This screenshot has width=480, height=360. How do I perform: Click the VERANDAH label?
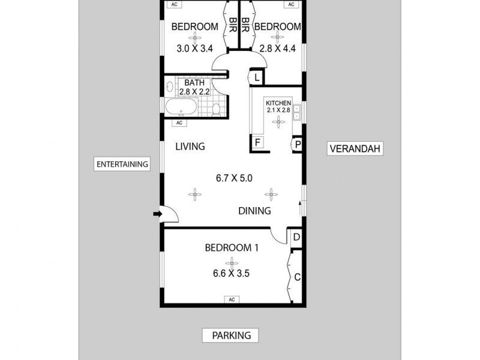(355, 149)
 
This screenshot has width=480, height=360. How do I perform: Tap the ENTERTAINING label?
(122, 164)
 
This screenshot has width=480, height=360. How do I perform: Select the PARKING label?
(231, 335)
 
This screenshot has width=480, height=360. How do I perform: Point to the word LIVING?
(190, 146)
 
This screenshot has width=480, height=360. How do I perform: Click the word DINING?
(254, 211)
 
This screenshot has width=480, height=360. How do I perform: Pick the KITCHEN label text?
(278, 103)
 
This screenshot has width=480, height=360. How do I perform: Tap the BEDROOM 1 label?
(232, 247)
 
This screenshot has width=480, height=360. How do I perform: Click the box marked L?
(256, 77)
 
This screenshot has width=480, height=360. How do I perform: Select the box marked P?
(296, 145)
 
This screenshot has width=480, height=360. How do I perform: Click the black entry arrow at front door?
(157, 213)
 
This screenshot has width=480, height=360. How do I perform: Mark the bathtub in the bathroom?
(180, 109)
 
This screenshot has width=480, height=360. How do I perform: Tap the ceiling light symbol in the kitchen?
(278, 122)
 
